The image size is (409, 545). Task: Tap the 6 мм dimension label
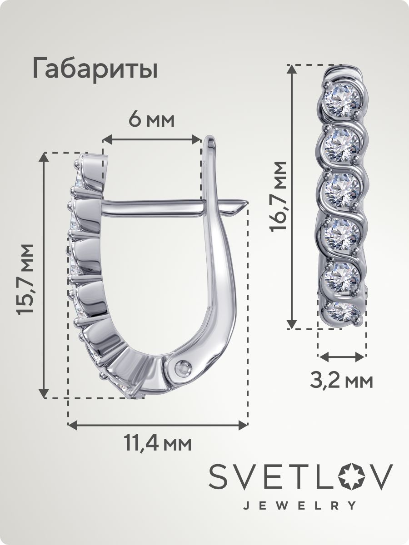[x=152, y=121]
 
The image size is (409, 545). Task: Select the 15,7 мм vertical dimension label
[x=25, y=279]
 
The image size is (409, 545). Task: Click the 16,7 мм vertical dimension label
[x=279, y=196]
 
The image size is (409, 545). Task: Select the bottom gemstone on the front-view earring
[x=343, y=312]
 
